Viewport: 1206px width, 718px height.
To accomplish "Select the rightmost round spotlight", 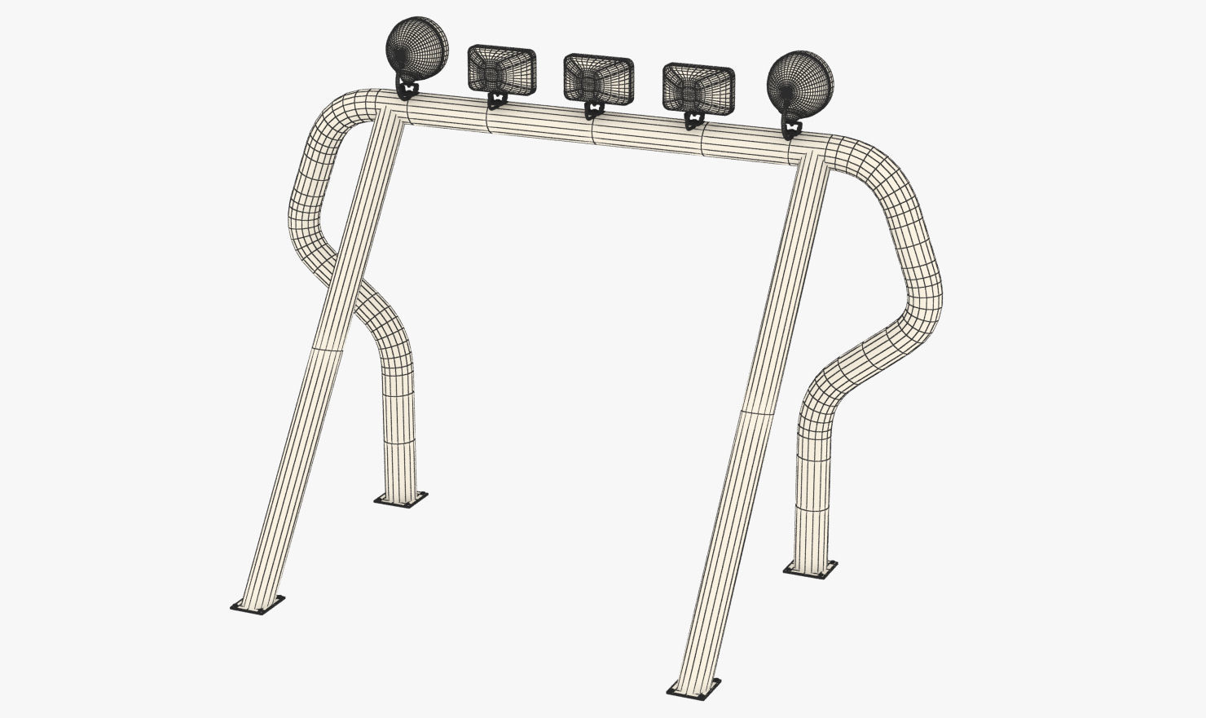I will pyautogui.click(x=800, y=81).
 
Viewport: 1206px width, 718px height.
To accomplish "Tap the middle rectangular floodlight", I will pyautogui.click(x=598, y=79).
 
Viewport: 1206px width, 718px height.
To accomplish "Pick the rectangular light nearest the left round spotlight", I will pyautogui.click(x=501, y=69).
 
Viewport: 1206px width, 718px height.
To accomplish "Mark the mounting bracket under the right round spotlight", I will pyautogui.click(x=790, y=126).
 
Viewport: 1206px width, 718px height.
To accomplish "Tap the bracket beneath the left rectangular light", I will pyautogui.click(x=496, y=101).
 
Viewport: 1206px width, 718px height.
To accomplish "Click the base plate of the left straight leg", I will pyautogui.click(x=257, y=604).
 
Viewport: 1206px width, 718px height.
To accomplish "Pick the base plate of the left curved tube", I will pyautogui.click(x=401, y=498).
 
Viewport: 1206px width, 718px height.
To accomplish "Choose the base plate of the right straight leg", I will pyautogui.click(x=693, y=688).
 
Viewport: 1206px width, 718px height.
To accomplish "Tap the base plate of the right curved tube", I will pyautogui.click(x=810, y=568).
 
